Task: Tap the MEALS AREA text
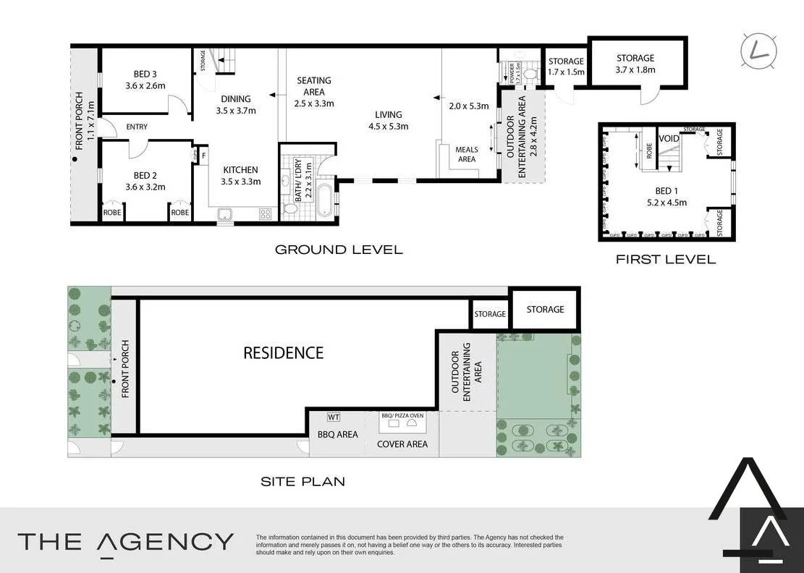466,154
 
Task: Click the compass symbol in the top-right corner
759,49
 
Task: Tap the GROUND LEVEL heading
338,250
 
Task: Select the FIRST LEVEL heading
665,259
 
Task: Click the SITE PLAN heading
302,480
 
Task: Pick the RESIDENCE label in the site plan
283,353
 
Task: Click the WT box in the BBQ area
333,417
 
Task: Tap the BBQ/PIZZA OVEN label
402,415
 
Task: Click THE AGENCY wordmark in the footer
125,542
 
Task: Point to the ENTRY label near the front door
136,127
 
